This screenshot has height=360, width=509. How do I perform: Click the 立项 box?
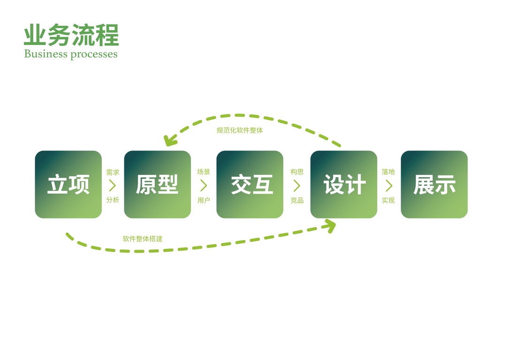click(x=68, y=184)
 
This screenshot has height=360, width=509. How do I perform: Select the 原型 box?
click(x=157, y=184)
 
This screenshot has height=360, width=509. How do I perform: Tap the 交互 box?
click(x=250, y=184)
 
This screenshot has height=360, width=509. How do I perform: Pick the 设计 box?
click(x=343, y=184)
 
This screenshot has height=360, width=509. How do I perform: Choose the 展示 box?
click(x=434, y=184)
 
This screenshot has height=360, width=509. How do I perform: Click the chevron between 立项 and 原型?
click(x=113, y=186)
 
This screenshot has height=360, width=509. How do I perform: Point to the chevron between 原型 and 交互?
click(x=204, y=186)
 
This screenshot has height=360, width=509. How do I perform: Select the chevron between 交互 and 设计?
click(x=297, y=186)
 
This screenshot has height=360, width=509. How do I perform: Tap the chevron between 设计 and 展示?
click(x=388, y=186)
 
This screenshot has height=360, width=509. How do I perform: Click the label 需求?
click(x=113, y=172)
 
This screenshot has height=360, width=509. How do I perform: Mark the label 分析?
click(x=113, y=200)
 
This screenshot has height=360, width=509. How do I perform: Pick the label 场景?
click(x=204, y=172)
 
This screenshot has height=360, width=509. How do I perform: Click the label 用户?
click(x=204, y=201)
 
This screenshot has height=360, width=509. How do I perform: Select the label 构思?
click(x=297, y=172)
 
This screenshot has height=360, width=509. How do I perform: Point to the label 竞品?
click(x=297, y=201)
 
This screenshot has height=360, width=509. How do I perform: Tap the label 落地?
click(x=388, y=172)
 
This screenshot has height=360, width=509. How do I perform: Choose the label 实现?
click(x=388, y=201)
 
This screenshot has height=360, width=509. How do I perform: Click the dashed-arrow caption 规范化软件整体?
click(x=240, y=130)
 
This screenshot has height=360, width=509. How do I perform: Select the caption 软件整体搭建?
click(x=143, y=239)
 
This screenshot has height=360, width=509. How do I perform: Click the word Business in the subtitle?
click(x=46, y=54)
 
